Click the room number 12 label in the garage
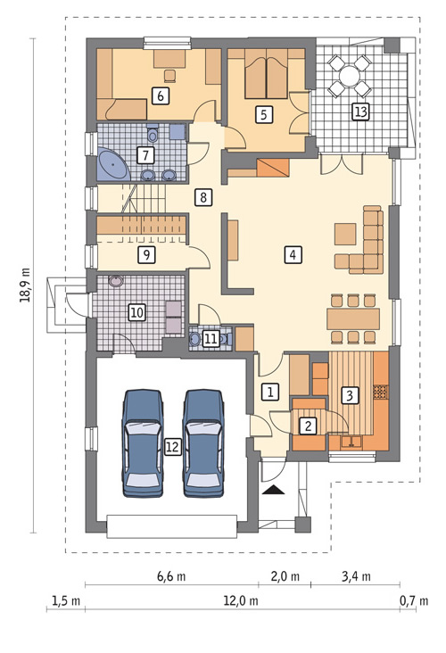172,447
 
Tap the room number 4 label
293,254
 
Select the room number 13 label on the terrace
360,112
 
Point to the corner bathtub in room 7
113,164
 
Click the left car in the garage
143,443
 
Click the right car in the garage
203,443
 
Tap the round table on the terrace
349,76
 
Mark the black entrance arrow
274,490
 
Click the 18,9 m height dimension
25,285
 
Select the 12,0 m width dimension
241,601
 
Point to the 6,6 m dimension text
171,576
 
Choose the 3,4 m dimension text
356,576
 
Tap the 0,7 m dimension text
414,601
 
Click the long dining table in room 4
353,319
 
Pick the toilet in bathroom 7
153,133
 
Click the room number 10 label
137,312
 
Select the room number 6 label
161,95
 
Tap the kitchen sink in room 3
351,441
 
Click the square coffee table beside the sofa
345,234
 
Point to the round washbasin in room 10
115,282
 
